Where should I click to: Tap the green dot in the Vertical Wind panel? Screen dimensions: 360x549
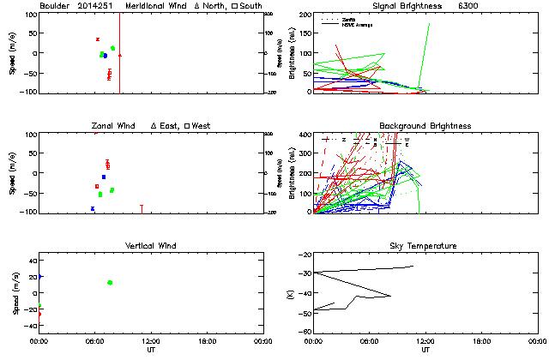pyautogui.click(x=110, y=282)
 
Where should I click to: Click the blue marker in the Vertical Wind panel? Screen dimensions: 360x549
pyautogui.click(x=40, y=276)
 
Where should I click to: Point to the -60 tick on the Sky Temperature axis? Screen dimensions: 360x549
pyautogui.click(x=304, y=331)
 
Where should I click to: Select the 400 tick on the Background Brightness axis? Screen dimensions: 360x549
pyautogui.click(x=304, y=135)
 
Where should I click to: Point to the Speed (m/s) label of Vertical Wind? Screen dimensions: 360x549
pyautogui.click(x=15, y=292)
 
